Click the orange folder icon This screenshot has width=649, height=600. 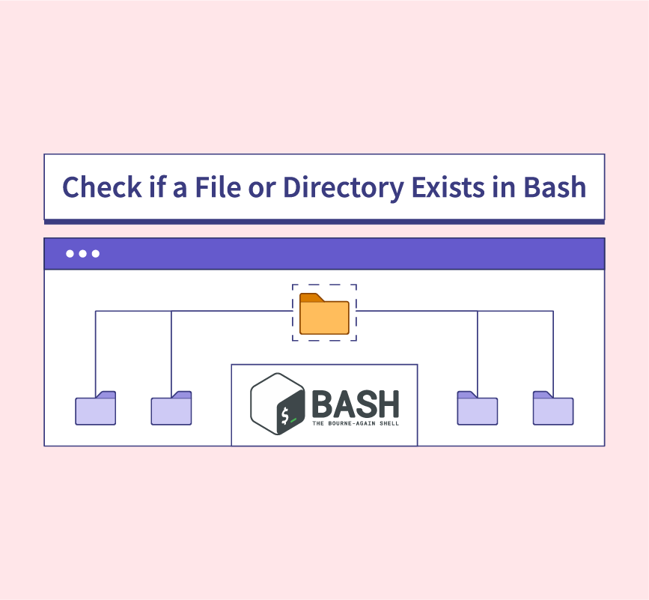tap(324, 314)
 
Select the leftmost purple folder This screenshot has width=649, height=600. tap(96, 408)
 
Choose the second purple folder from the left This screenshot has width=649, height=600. tap(171, 408)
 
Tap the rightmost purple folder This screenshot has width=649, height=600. tap(553, 408)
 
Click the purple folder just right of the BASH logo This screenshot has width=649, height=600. tap(478, 408)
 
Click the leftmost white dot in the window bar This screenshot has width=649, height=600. tap(70, 254)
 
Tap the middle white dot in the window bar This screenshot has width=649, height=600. tap(82, 254)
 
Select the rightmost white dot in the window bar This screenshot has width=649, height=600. tap(95, 254)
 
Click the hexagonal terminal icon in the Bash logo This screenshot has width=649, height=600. tap(278, 404)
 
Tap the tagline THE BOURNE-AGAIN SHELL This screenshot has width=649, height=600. tap(355, 423)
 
